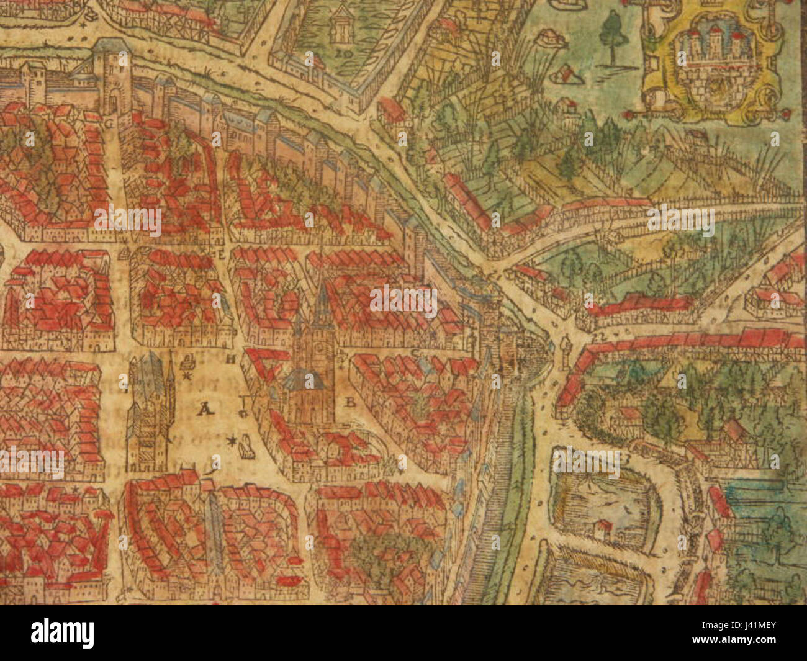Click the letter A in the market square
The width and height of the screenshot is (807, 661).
203,408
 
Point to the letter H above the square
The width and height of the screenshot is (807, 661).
230,359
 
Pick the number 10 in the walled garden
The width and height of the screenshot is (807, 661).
340,53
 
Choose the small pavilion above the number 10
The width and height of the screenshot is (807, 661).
340,24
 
